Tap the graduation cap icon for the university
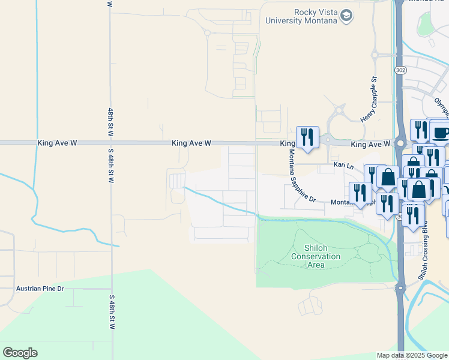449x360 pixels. (x=346, y=16)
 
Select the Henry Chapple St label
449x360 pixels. (x=367, y=100)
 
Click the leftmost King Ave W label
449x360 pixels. (x=57, y=143)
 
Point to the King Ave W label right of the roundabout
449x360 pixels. (x=370, y=144)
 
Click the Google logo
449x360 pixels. (x=20, y=353)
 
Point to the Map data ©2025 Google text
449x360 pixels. (x=412, y=355)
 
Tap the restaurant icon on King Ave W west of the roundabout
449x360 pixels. (x=307, y=136)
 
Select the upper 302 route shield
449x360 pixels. (x=400, y=70)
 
